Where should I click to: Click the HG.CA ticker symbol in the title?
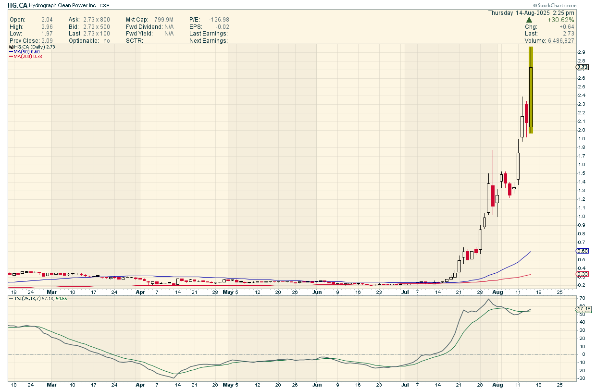click(x=17, y=5)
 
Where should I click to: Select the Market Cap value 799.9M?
click(x=163, y=19)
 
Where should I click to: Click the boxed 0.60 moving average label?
click(x=582, y=251)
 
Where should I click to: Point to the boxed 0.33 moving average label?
click(x=582, y=274)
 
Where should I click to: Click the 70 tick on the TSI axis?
click(x=581, y=298)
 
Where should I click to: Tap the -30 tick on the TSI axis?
click(x=581, y=378)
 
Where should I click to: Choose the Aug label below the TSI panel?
click(x=498, y=385)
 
